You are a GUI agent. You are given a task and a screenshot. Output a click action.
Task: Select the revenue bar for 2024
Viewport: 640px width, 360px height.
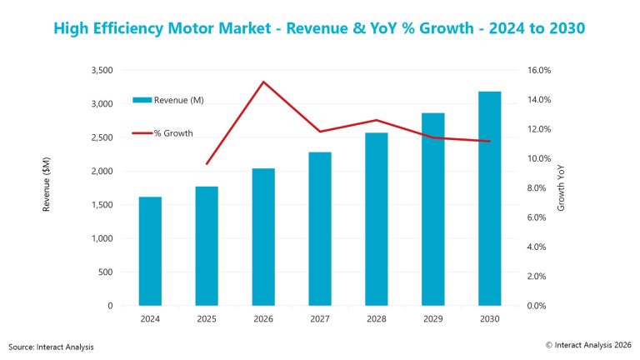click(x=150, y=251)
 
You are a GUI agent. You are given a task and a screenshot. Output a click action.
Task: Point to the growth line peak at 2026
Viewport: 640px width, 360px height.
click(x=263, y=82)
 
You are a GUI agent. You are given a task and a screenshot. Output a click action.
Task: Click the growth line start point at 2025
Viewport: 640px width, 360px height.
click(x=207, y=163)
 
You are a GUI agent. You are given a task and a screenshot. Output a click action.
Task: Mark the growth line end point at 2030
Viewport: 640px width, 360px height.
click(x=489, y=142)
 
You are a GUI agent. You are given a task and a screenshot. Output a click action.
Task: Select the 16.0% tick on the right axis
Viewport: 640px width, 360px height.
click(x=535, y=71)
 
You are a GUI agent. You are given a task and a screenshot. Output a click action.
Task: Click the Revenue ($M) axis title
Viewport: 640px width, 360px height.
click(x=47, y=187)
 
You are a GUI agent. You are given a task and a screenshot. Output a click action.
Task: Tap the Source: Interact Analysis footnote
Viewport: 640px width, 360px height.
click(x=52, y=346)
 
